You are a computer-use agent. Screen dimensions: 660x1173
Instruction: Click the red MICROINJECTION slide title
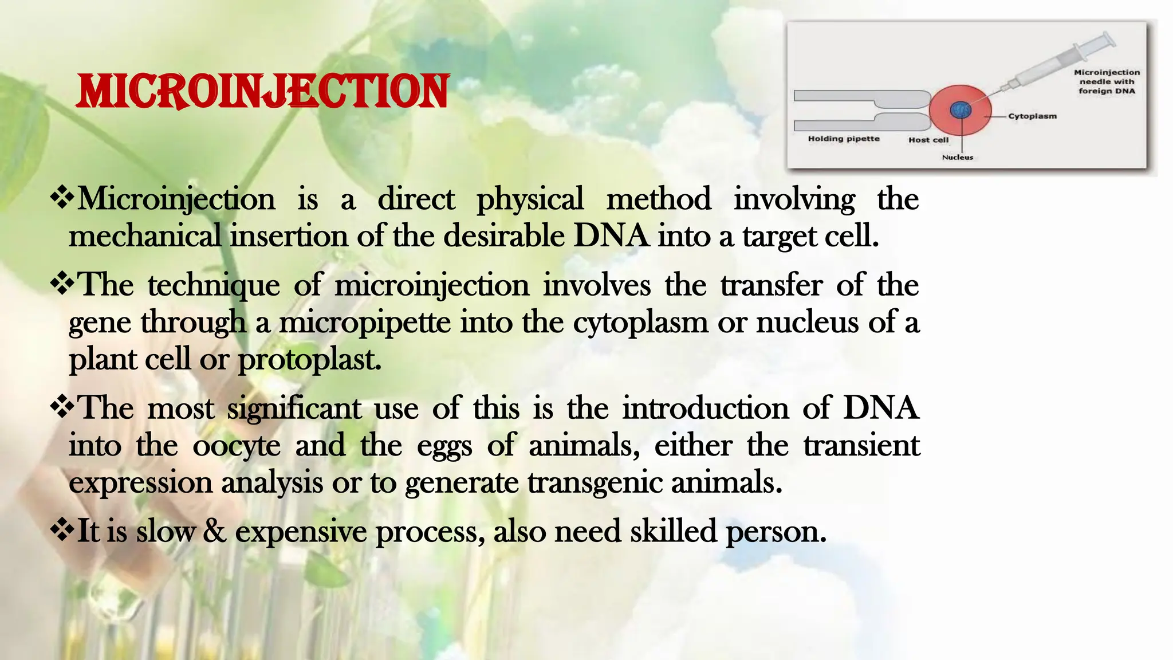click(263, 92)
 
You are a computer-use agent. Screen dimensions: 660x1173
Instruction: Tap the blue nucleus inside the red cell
click(961, 109)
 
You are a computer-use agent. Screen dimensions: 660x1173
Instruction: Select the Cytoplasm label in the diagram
click(1032, 116)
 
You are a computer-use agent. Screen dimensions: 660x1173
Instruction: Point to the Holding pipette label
click(843, 139)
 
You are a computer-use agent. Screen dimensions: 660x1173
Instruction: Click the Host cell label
click(928, 140)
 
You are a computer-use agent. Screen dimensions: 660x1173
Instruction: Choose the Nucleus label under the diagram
click(957, 157)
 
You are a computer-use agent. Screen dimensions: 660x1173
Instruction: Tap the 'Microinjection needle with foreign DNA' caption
click(1107, 81)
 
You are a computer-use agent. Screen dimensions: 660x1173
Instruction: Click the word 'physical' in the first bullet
click(530, 199)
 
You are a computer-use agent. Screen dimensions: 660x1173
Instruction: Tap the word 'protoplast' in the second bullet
click(309, 360)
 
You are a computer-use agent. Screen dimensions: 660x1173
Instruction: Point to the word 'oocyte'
click(237, 446)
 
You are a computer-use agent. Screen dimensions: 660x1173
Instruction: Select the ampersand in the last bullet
click(215, 531)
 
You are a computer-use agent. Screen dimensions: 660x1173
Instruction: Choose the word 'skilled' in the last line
click(673, 531)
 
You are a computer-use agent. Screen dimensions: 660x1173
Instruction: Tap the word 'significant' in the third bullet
click(294, 409)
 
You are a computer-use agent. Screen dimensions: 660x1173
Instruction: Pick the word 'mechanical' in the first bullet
click(144, 236)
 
